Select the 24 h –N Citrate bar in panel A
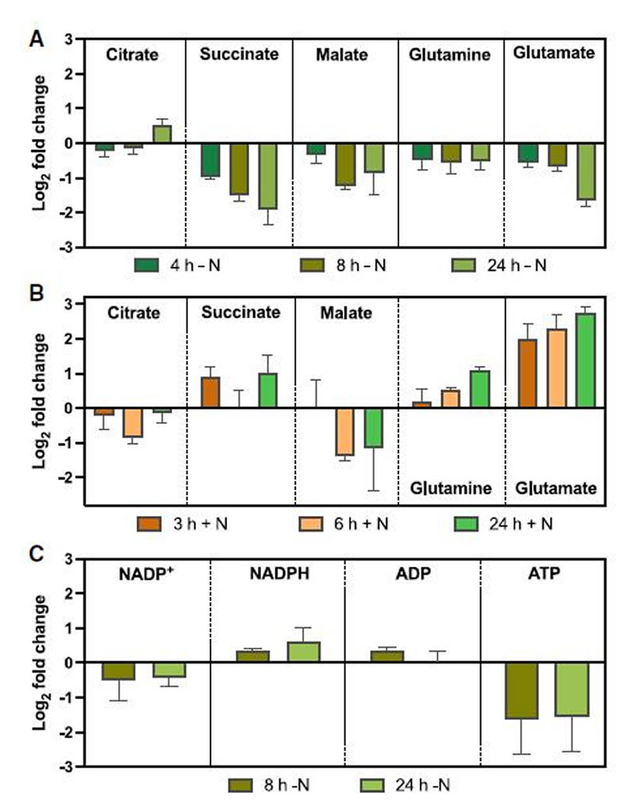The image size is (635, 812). [162, 134]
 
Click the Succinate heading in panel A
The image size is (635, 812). [239, 55]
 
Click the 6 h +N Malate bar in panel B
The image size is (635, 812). [344, 432]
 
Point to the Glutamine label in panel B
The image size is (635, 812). [450, 488]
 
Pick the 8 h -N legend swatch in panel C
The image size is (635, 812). [241, 786]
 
